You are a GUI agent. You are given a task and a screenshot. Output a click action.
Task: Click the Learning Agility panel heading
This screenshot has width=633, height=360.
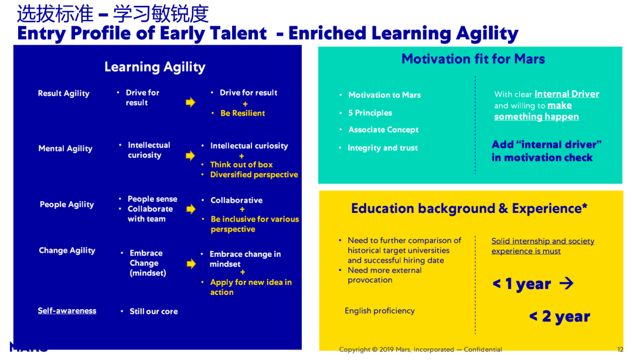[155, 67]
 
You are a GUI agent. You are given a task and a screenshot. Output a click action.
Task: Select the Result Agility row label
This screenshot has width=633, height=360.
[63, 93]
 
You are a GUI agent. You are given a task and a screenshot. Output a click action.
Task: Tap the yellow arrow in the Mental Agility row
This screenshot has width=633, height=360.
[190, 155]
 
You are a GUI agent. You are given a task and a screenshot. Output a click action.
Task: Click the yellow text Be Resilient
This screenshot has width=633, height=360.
[243, 113]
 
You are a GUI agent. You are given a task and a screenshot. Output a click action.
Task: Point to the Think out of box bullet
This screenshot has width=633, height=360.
[241, 164]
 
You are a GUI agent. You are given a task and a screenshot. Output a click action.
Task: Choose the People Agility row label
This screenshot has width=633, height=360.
[67, 205]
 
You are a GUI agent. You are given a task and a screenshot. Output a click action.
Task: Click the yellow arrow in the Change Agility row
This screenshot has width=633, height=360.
[191, 264]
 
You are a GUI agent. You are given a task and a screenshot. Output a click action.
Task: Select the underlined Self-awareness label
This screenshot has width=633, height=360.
[67, 311]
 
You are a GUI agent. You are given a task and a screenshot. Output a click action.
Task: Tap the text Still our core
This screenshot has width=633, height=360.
[154, 311]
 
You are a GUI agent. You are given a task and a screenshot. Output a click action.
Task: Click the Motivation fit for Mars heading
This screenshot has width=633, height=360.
[473, 59]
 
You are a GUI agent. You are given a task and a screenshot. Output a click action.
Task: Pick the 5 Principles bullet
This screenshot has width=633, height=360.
[370, 113]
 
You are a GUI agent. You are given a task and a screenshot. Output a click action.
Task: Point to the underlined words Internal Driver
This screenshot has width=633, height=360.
[567, 94]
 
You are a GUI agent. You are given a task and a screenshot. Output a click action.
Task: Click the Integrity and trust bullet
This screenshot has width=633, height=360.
[383, 148]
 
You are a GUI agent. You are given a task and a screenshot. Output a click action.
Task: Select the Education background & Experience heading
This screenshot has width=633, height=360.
[469, 209]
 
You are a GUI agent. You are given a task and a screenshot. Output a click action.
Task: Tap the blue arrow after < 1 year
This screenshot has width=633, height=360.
[566, 283]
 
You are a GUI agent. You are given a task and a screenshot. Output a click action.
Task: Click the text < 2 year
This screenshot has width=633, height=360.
[560, 317]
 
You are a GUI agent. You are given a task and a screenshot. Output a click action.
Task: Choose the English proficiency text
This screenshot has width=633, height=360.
[379, 311]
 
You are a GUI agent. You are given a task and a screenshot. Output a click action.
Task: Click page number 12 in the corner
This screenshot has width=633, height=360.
[620, 349]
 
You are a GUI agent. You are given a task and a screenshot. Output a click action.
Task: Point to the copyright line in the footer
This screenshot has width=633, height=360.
[420, 349]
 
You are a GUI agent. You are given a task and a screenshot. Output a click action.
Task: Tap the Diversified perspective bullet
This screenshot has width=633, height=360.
[254, 175]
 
